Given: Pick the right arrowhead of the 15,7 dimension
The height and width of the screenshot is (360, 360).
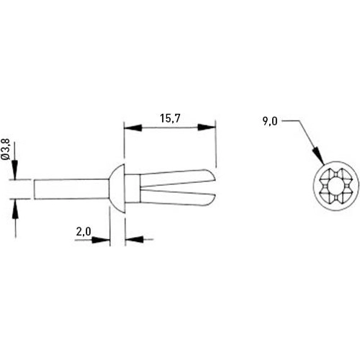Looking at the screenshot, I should coord(210,127).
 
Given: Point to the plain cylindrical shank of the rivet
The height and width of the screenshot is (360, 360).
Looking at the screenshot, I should coord(72,189).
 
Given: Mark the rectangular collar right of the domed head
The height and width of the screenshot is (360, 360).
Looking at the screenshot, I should coord(132,189).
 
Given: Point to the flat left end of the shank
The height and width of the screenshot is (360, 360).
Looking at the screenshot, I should coord(34,189).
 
